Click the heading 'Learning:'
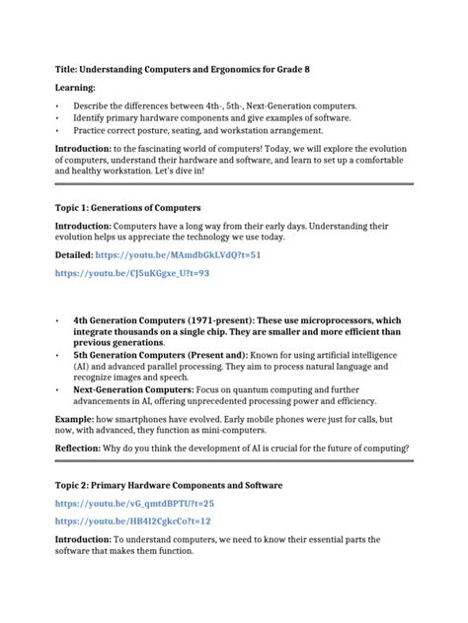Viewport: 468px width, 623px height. click(x=75, y=88)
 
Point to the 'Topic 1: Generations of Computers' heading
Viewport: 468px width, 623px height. click(x=127, y=208)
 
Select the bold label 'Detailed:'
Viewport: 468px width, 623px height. click(x=78, y=254)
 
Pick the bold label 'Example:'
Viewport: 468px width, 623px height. click(x=77, y=419)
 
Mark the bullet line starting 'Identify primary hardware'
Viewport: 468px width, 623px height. click(x=218, y=117)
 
